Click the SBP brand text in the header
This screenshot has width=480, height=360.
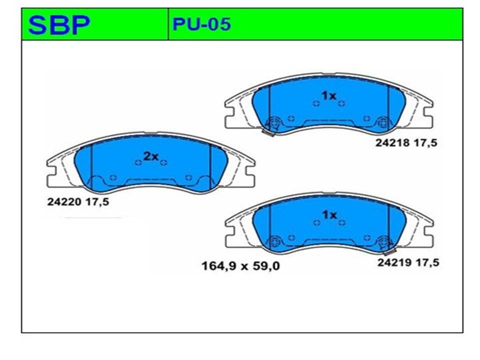click(59, 25)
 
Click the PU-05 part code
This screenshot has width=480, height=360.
click(201, 24)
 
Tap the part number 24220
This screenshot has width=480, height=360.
click(64, 202)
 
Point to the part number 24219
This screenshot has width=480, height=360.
click(394, 262)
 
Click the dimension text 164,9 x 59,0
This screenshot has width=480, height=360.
click(240, 266)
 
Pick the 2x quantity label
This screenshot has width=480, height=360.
click(151, 156)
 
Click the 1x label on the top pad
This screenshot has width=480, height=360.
click(329, 96)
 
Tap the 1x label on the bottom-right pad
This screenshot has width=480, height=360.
click(329, 215)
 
